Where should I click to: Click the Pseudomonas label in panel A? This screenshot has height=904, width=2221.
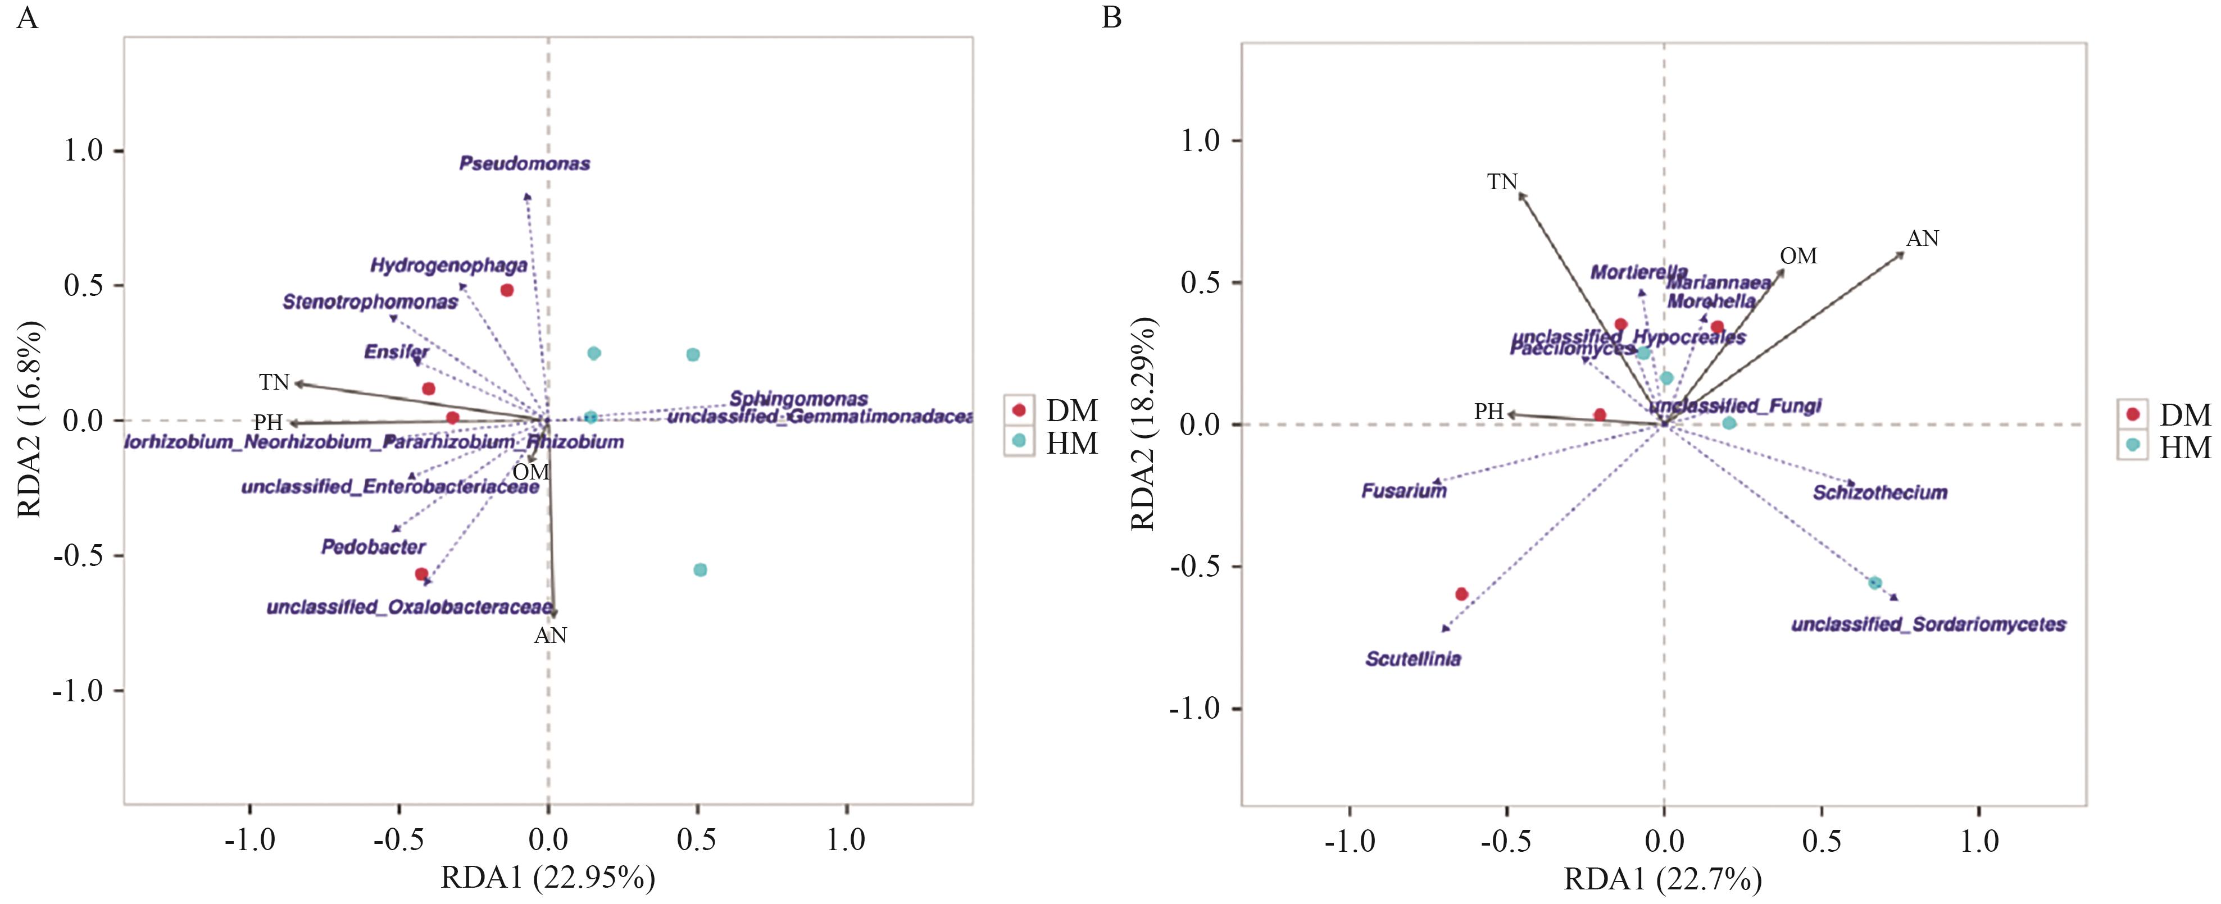tap(524, 164)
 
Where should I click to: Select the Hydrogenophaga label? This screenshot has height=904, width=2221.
tap(448, 266)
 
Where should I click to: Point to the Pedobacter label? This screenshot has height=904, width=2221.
tap(373, 547)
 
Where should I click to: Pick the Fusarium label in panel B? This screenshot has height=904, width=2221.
tap(1404, 491)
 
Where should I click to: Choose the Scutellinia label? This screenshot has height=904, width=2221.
tap(1413, 659)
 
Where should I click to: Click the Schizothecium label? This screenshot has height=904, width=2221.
tap(1879, 493)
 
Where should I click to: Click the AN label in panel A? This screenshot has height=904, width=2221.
tap(550, 636)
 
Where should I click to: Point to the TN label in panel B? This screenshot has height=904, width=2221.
tap(1502, 182)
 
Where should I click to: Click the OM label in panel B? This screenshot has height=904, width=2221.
tap(1798, 256)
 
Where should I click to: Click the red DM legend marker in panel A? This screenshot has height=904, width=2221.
tap(1019, 410)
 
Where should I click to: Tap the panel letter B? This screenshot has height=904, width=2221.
tap(1111, 17)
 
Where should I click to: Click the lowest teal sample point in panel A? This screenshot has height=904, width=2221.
tap(700, 569)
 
